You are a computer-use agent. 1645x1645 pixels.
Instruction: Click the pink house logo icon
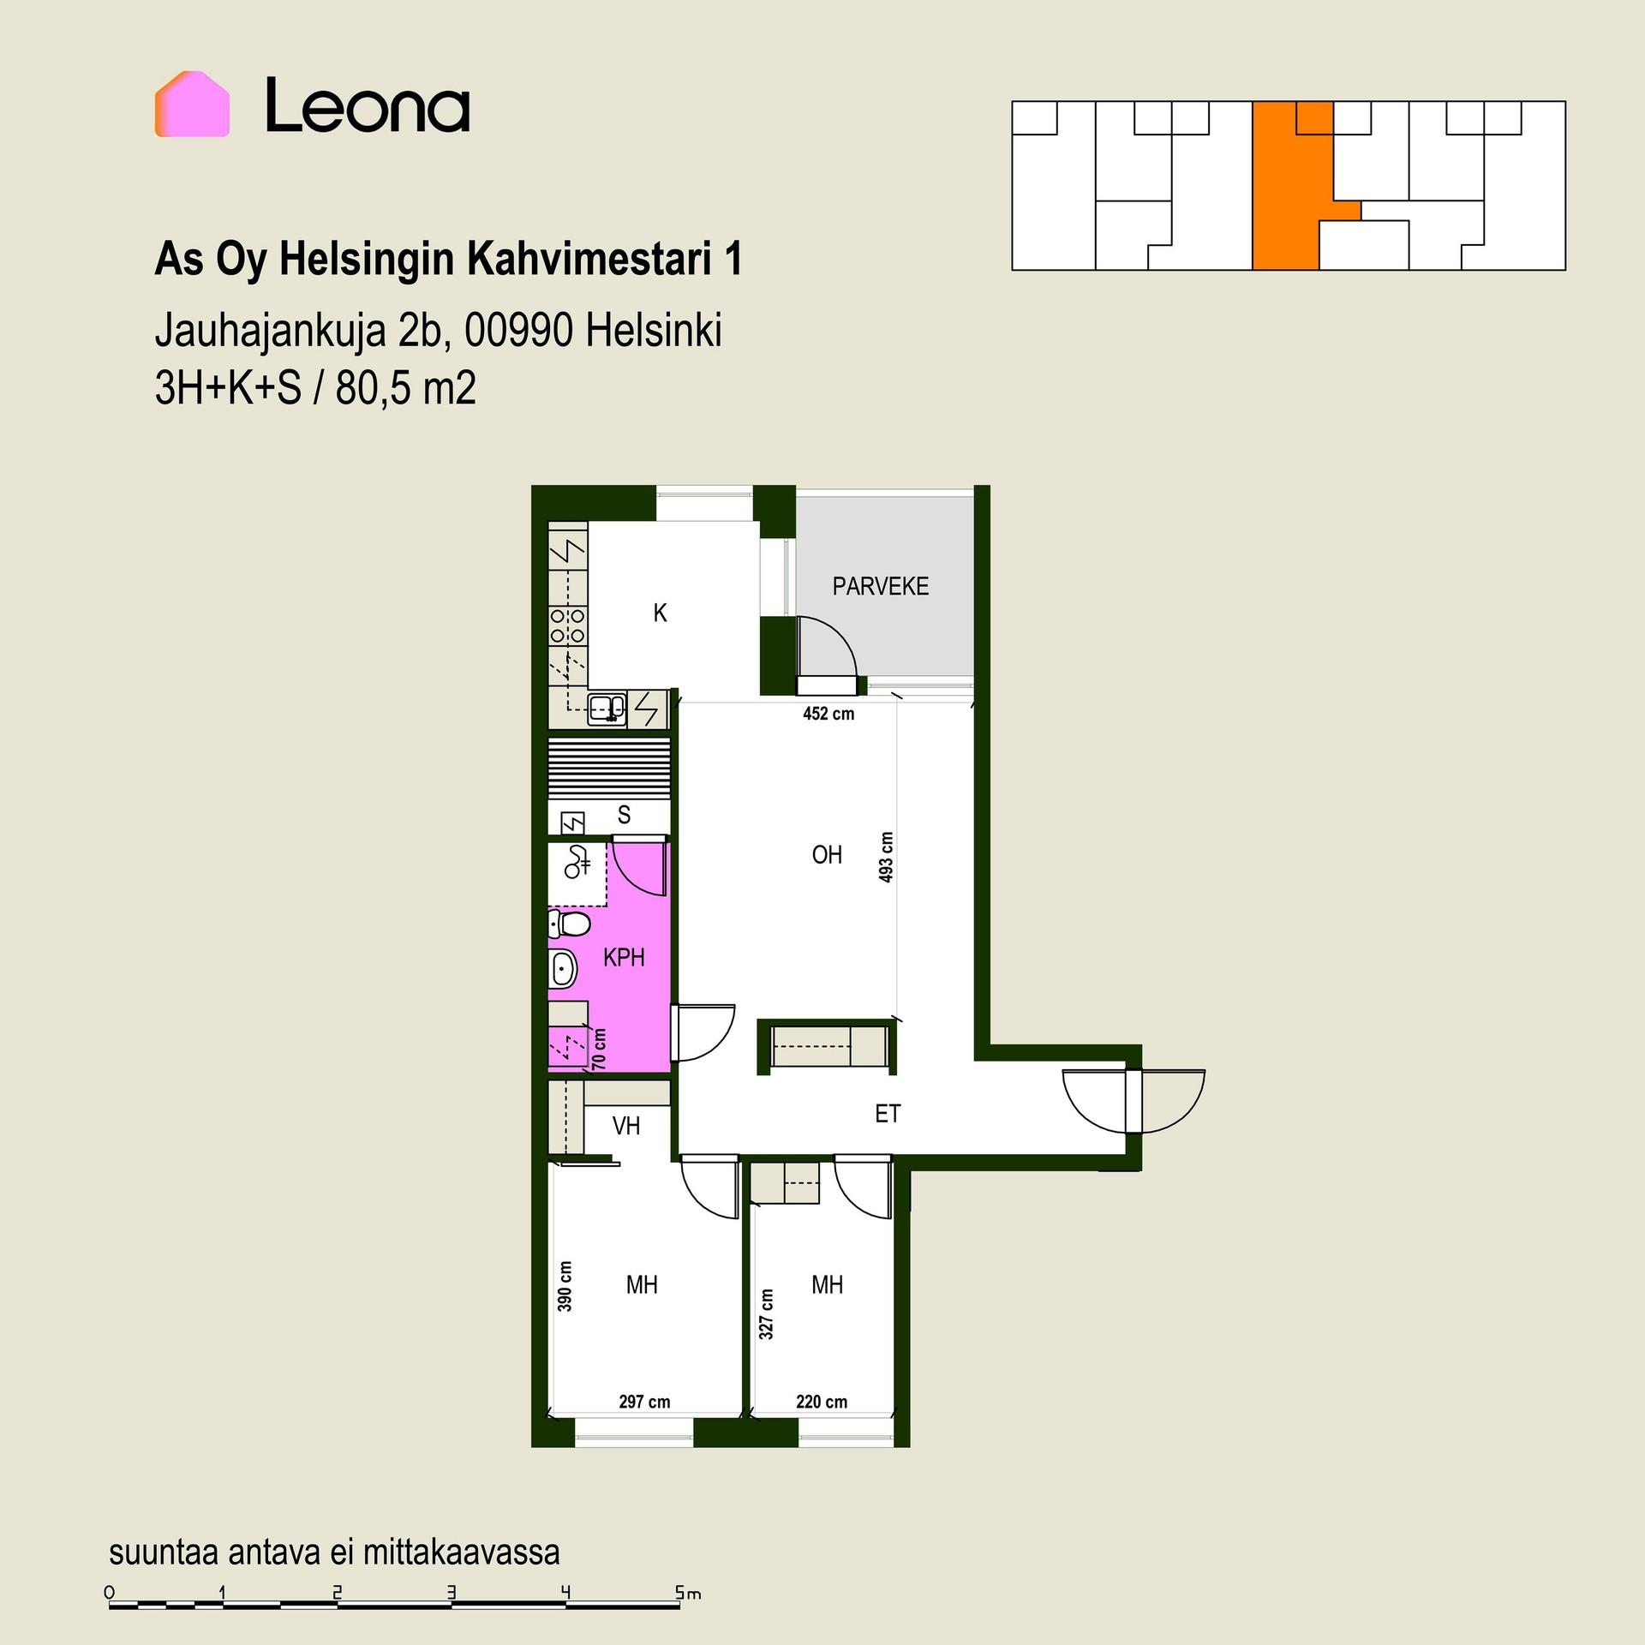click(192, 104)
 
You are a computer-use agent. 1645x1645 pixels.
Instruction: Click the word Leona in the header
click(368, 105)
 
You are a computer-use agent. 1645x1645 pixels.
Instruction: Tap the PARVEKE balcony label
click(881, 586)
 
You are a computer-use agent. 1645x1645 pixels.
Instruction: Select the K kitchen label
click(660, 613)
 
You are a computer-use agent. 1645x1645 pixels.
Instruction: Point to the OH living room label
click(827, 854)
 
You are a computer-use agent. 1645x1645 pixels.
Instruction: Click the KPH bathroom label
click(624, 957)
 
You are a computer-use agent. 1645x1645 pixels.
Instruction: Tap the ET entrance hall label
click(888, 1113)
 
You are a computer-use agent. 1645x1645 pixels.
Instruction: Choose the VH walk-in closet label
click(626, 1125)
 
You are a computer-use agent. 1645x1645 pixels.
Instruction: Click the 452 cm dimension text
click(828, 714)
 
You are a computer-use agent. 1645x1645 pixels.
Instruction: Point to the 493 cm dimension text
click(887, 857)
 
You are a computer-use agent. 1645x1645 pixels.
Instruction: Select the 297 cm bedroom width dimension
click(644, 1402)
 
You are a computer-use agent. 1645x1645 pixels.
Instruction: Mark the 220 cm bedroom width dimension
click(822, 1402)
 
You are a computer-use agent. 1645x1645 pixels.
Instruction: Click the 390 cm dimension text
click(565, 1286)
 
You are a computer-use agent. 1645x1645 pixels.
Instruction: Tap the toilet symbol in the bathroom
click(570, 924)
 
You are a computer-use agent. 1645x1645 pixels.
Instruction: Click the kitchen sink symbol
click(607, 709)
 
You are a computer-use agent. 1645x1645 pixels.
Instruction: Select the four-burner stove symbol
click(567, 625)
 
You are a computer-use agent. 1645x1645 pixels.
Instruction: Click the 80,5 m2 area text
click(405, 389)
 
